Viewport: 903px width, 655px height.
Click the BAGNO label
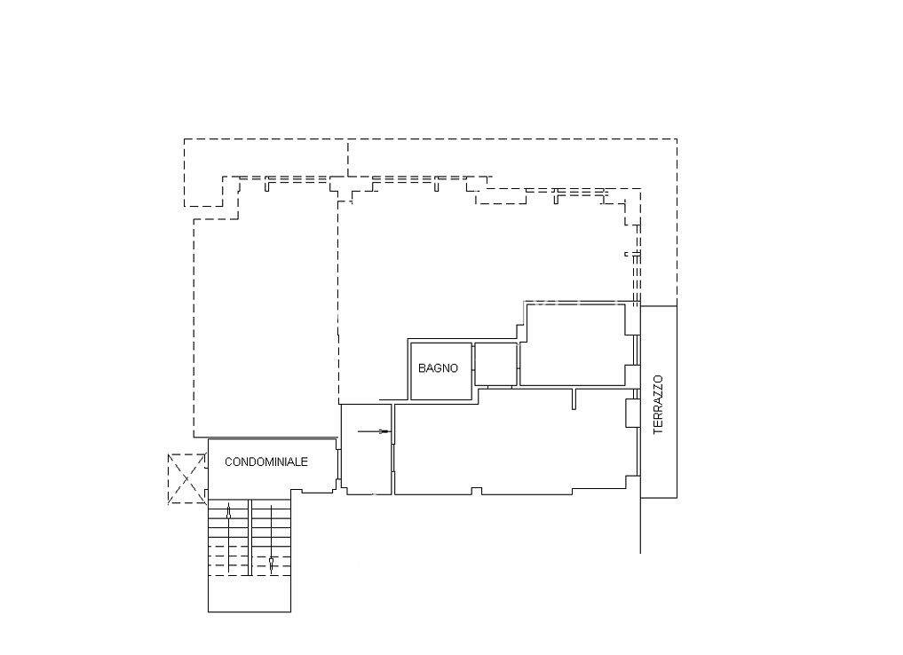(x=438, y=368)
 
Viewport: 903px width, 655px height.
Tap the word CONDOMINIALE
(x=266, y=462)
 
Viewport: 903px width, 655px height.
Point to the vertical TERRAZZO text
(x=658, y=405)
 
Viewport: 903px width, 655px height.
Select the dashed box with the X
(x=186, y=479)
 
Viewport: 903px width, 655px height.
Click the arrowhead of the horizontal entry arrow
(x=386, y=431)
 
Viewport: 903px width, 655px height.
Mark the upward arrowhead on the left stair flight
(x=228, y=511)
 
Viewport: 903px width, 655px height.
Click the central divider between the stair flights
(x=250, y=538)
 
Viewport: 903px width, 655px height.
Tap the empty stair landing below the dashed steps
(x=250, y=594)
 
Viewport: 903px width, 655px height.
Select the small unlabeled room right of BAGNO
(x=495, y=364)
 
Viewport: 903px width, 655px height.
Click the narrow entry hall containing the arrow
(x=367, y=449)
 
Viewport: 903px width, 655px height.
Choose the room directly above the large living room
(x=573, y=344)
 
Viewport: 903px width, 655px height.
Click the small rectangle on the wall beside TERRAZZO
(x=633, y=414)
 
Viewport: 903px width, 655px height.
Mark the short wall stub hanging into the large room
(x=574, y=399)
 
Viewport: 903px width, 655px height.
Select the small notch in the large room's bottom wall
(x=476, y=491)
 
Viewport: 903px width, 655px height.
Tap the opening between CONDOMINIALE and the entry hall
(x=338, y=465)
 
